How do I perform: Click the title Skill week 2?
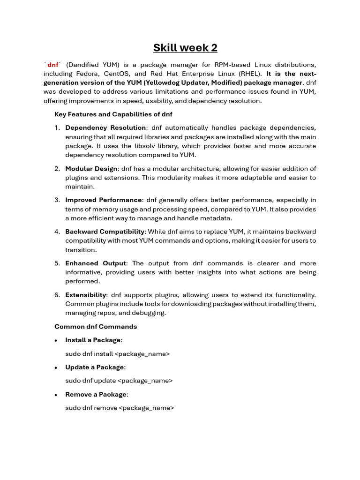pos(185,48)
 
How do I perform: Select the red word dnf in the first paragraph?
pos(52,65)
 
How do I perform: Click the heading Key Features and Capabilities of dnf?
pos(113,114)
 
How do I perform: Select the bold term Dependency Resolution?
pos(105,128)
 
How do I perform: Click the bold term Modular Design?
pos(91,169)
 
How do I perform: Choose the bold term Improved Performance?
pos(103,200)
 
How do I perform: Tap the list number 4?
pos(57,232)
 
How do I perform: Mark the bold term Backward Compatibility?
pos(105,232)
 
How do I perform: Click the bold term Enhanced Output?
pos(96,263)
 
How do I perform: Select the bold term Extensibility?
pos(86,295)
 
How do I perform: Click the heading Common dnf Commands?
pos(96,327)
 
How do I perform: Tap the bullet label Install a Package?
pos(93,340)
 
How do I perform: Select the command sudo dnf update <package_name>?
pos(119,381)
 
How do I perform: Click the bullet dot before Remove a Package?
pos(56,395)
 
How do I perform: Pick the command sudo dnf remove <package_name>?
pos(120,408)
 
